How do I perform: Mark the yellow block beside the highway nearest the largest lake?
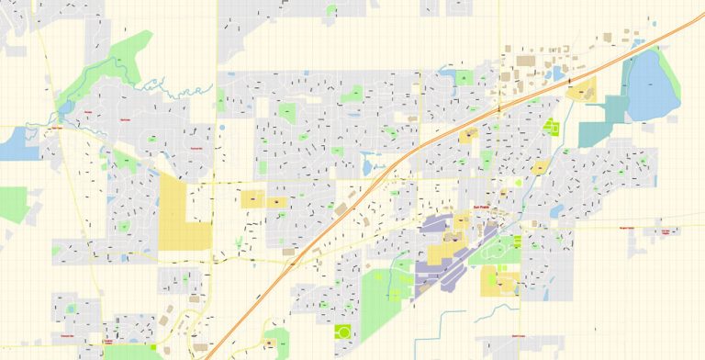tap(580, 90)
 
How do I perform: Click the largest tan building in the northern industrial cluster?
tap(525, 62)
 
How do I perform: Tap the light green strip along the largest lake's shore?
tap(674, 87)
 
